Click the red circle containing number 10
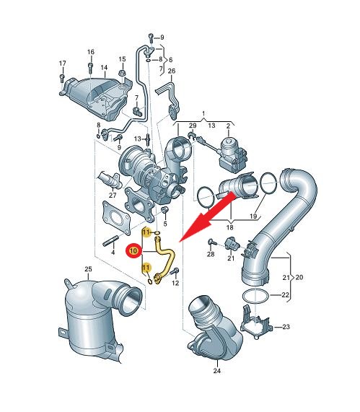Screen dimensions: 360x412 133,250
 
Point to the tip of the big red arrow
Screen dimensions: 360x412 180,241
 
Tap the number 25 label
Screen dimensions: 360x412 88,269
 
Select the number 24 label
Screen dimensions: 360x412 216,371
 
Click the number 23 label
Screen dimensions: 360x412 286,327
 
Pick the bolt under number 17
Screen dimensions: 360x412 62,77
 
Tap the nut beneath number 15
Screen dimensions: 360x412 122,74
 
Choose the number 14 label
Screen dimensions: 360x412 104,68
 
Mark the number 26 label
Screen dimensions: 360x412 172,71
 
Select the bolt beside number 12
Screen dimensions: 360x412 175,271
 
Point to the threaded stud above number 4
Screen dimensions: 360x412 110,242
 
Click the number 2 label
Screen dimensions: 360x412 228,126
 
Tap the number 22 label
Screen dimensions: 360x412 286,295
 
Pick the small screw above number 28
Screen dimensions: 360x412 211,242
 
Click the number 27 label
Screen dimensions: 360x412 113,195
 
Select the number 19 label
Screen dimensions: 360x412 253,216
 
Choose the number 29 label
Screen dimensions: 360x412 193,126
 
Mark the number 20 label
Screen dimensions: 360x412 299,277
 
